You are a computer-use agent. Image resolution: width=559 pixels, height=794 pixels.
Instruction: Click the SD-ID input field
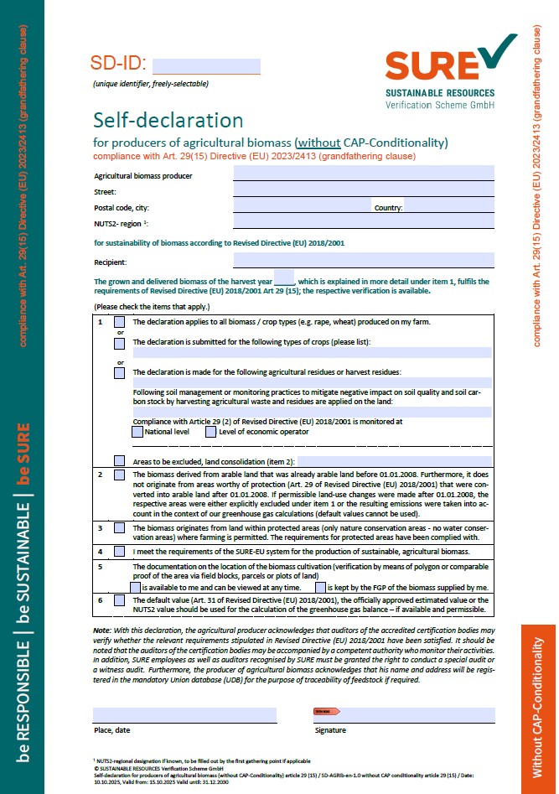point(206,66)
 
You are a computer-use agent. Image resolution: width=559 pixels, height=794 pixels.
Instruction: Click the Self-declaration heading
point(168,120)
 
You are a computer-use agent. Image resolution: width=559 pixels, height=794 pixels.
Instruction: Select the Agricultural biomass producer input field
point(363,174)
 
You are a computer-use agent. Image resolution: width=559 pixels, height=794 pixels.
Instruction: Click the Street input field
point(363,191)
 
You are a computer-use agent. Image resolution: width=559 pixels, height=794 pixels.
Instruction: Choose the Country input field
point(448,206)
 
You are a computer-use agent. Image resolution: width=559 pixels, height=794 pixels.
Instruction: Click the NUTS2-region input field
point(363,222)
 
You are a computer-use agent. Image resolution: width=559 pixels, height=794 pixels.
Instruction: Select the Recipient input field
point(363,261)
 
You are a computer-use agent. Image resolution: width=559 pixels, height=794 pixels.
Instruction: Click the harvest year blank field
point(284,281)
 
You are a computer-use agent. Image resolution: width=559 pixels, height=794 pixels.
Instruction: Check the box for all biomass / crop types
point(120,322)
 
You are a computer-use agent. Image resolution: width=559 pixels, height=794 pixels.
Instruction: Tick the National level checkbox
point(137,432)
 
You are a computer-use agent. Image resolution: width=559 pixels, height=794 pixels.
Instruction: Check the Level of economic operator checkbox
point(210,432)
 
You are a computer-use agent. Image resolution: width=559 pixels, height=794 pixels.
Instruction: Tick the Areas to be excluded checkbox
point(120,461)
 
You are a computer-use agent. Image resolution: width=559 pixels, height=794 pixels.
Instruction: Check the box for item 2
point(120,475)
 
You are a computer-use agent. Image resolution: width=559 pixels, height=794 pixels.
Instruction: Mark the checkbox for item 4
point(120,552)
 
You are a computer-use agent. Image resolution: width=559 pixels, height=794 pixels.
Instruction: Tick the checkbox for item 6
point(120,600)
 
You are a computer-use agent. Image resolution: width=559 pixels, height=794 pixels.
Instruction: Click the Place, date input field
point(184,714)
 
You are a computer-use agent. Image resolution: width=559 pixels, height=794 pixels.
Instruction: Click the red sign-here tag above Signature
point(327,711)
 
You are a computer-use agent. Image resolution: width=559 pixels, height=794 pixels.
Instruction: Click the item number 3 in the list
point(100,527)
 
